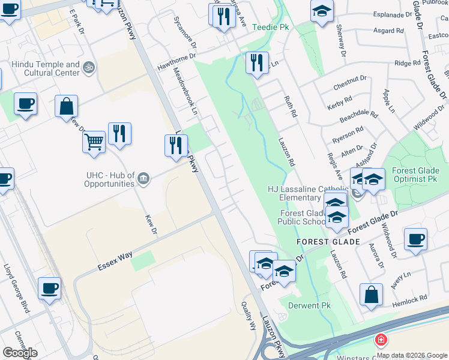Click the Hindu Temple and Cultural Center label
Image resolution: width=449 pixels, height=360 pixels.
pyautogui.click(x=45, y=68)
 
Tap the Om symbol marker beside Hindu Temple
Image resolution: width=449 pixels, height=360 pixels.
pyautogui.click(x=89, y=67)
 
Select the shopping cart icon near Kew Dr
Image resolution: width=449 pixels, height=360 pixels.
pyautogui.click(x=94, y=143)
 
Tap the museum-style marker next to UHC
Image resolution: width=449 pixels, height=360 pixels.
pyautogui.click(x=143, y=178)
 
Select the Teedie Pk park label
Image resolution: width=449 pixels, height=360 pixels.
pyautogui.click(x=271, y=27)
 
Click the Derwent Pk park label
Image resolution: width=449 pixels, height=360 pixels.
pyautogui.click(x=309, y=305)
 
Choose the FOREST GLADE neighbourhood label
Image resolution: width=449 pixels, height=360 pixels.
pyautogui.click(x=328, y=242)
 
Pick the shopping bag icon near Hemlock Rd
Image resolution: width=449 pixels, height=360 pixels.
pyautogui.click(x=372, y=295)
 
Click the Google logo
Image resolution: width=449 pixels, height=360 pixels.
pyautogui.click(x=20, y=353)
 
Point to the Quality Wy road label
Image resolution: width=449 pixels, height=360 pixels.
pyautogui.click(x=249, y=316)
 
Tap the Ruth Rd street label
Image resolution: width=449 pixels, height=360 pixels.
pyautogui.click(x=292, y=106)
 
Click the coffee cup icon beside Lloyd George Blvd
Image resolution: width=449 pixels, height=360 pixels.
pyautogui.click(x=49, y=289)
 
